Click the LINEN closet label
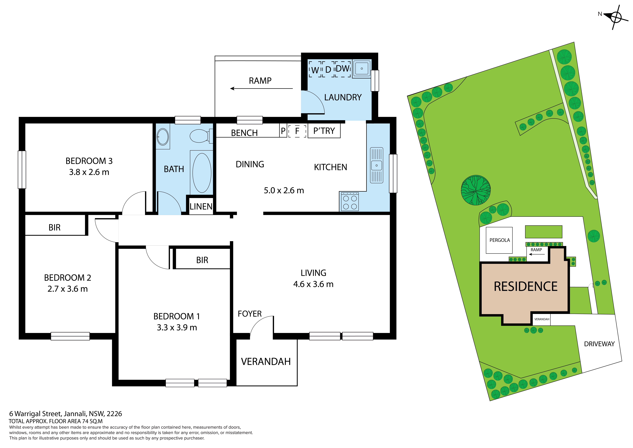point(201,206)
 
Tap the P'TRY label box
point(324,131)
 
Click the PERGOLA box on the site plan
point(499,240)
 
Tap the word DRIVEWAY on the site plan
point(599,344)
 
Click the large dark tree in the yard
point(476,190)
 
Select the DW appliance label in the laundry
point(343,68)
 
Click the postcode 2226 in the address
point(114,414)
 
